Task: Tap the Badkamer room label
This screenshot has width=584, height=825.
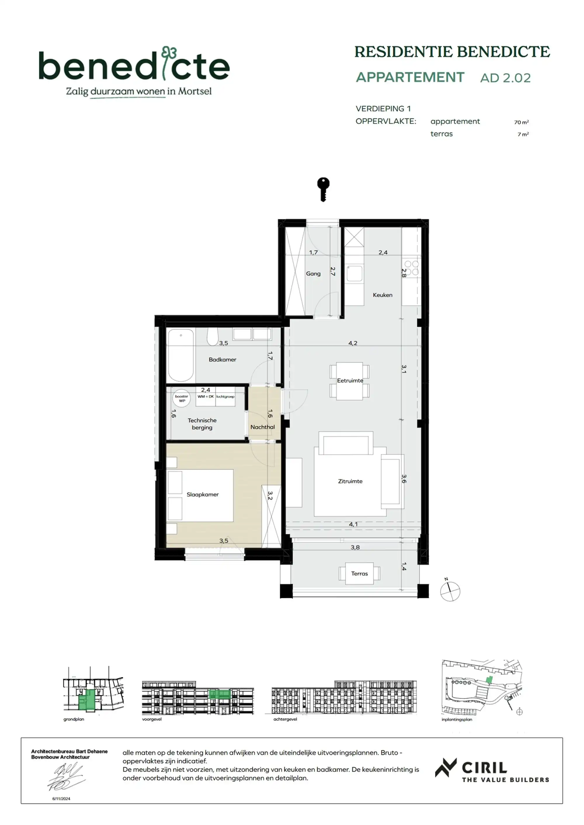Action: [222, 359]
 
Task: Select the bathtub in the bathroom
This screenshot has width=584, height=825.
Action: [181, 355]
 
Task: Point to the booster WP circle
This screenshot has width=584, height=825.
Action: [182, 398]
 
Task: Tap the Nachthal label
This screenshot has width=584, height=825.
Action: [263, 427]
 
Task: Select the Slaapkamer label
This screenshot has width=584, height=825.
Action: [202, 494]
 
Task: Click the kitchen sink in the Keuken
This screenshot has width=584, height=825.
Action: [354, 273]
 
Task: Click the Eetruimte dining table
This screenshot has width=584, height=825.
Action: [350, 381]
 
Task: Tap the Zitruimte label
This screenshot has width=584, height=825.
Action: [350, 481]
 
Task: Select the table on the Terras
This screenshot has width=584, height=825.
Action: [359, 573]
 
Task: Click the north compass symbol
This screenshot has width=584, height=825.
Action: [450, 591]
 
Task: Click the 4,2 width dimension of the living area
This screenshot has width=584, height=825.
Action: [353, 343]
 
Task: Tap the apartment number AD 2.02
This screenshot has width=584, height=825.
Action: [505, 78]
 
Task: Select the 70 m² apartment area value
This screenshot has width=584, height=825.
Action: [521, 122]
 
